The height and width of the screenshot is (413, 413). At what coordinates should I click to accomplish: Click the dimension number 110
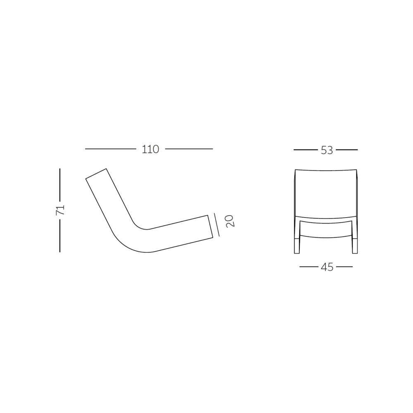coord(150,149)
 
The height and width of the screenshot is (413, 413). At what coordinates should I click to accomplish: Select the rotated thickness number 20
coord(230,221)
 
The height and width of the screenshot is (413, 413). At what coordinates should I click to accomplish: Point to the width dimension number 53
coord(327,150)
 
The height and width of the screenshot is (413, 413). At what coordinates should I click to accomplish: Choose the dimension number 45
coord(327,267)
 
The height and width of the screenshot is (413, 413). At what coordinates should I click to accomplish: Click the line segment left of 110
coord(110,149)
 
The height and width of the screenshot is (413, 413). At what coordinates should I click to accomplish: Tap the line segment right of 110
coord(189,149)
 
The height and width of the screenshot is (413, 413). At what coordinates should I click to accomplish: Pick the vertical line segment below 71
coord(60,236)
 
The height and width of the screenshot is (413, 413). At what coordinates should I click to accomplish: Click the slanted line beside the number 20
coord(217,224)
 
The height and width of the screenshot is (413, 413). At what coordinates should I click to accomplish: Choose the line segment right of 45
coord(344,267)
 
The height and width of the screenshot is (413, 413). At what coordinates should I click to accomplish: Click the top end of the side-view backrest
coord(96,174)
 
